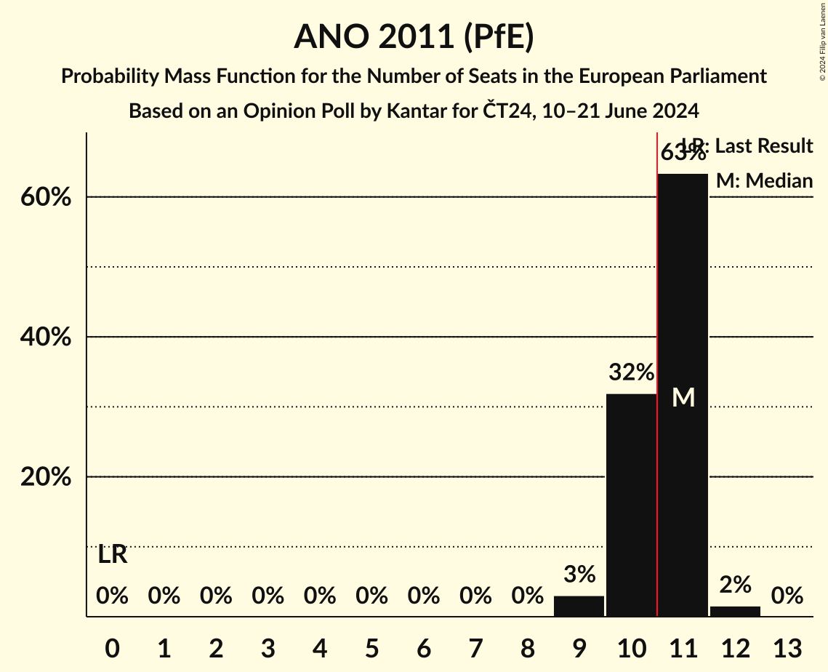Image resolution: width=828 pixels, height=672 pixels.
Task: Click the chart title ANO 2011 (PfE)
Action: [414, 36]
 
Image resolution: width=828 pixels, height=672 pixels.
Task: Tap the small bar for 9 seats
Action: [579, 606]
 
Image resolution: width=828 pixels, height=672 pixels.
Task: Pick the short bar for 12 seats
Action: [735, 611]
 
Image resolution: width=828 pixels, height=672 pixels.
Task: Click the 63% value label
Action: [682, 153]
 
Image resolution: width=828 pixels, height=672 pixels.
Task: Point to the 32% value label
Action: [631, 373]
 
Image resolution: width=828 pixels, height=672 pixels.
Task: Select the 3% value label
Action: [579, 575]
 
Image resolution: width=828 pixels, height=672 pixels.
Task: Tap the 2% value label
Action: [735, 584]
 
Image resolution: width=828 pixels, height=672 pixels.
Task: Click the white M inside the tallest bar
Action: [683, 397]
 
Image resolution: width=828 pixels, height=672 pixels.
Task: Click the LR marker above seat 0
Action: [113, 555]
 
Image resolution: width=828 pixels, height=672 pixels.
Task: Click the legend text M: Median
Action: [764, 181]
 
